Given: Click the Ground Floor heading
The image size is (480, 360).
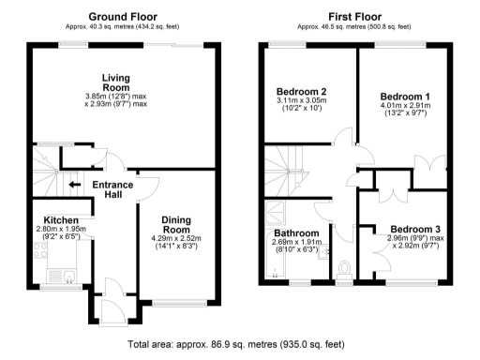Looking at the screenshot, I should click(123, 17).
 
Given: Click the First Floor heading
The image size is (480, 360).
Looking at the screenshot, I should click(353, 17).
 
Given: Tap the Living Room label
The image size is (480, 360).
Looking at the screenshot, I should click(116, 82).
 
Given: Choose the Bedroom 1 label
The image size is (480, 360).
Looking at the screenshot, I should click(405, 97).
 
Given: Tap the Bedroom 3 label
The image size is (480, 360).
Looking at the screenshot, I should click(415, 229).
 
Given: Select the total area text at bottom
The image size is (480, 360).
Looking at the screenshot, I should click(239, 345).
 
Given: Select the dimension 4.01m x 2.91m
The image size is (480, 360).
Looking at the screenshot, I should click(405, 108).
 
